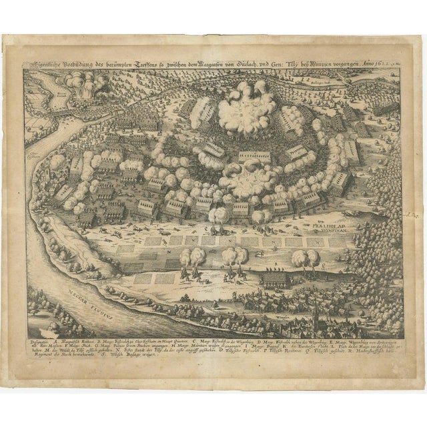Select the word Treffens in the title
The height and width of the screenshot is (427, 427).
coord(182,65)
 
